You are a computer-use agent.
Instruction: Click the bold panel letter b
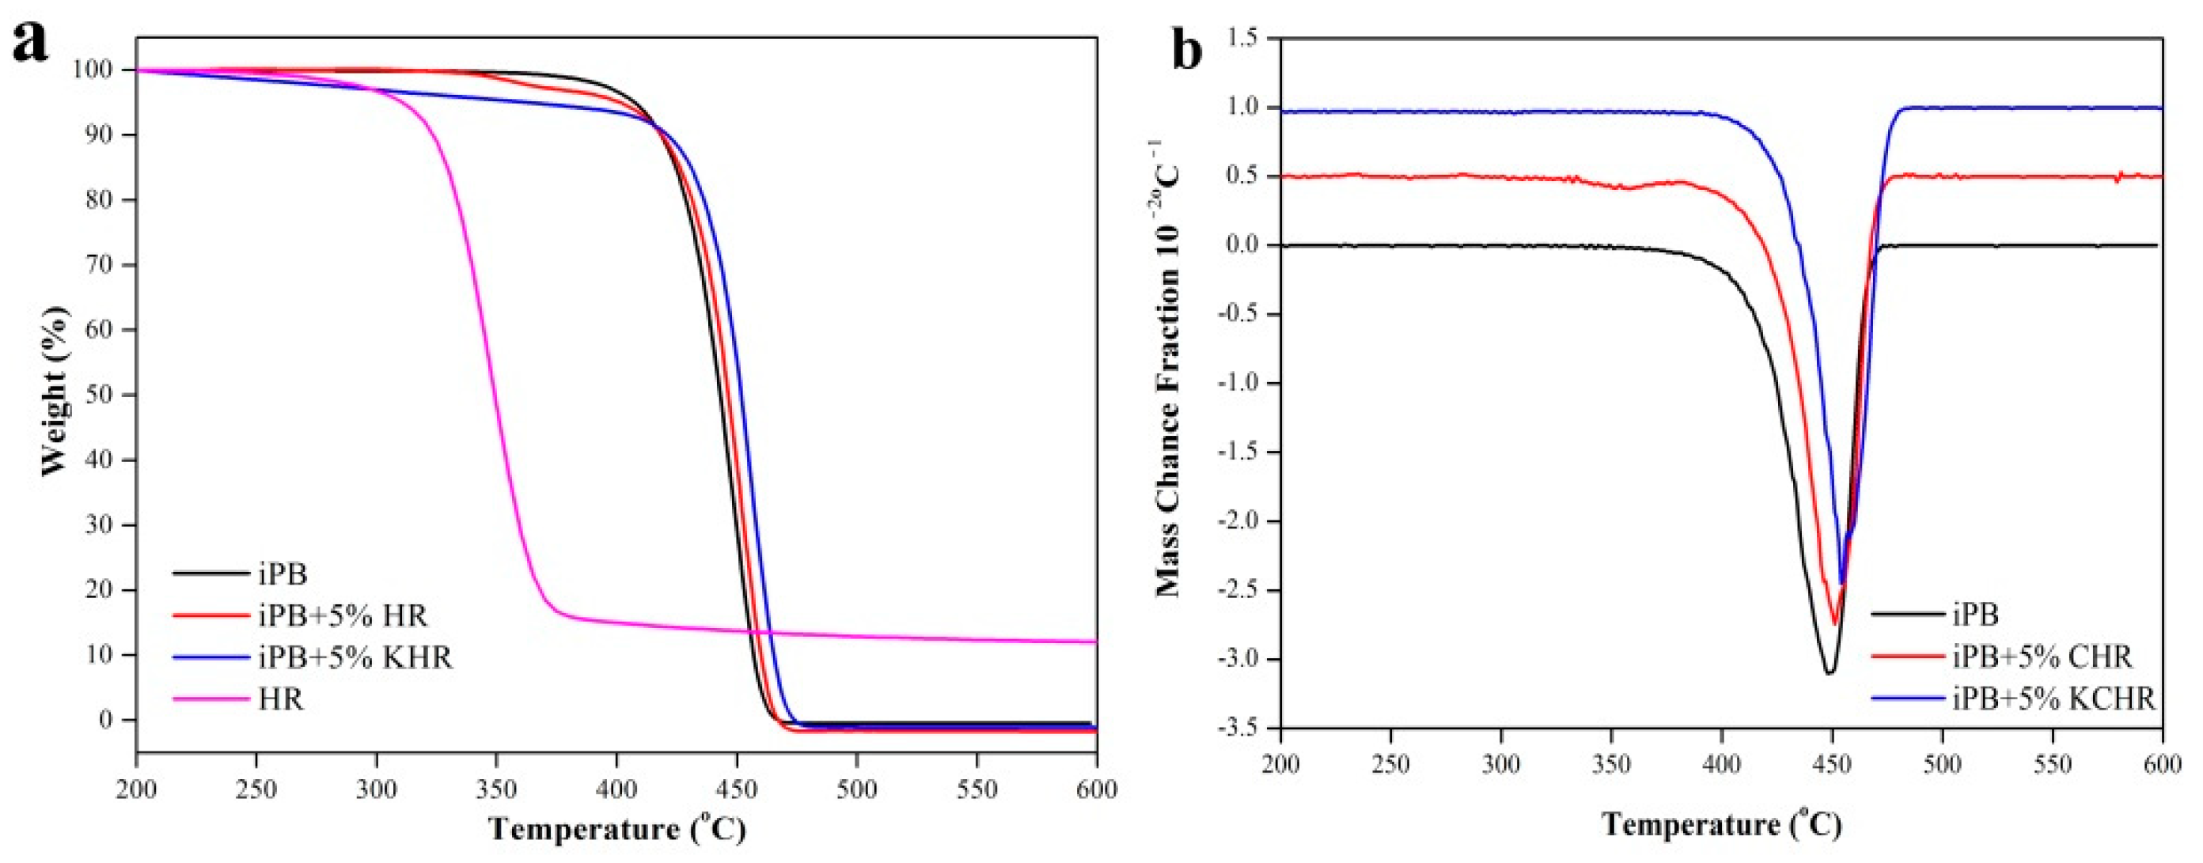click(x=1186, y=51)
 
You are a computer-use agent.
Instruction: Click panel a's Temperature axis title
click(x=616, y=830)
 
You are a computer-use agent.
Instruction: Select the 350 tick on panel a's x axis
click(x=496, y=788)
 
